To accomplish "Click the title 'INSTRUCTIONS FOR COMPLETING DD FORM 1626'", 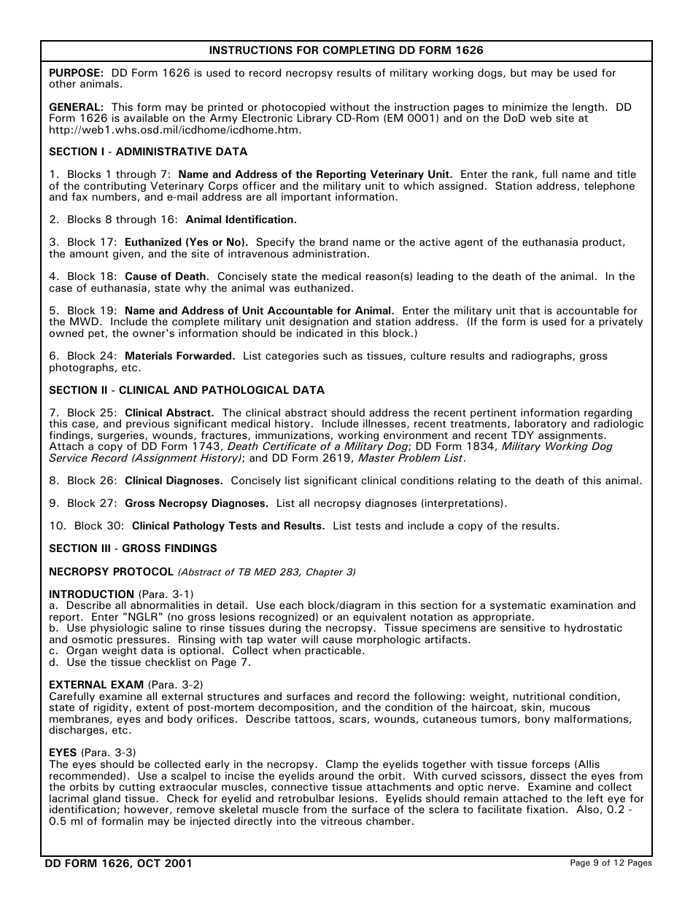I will click(x=346, y=50).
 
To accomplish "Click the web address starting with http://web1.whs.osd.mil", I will click(x=175, y=130).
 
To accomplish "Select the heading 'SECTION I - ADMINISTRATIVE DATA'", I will click(x=148, y=152).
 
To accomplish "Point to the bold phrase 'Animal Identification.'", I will click(x=241, y=220).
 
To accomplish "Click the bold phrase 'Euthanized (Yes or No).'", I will click(x=187, y=242).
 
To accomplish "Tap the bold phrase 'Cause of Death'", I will click(x=166, y=276).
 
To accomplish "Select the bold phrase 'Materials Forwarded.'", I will click(x=180, y=356).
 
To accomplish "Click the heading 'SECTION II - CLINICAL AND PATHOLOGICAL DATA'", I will click(x=187, y=390).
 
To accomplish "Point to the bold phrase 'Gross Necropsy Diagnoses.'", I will click(x=197, y=503).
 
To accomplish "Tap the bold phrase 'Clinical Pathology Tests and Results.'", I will click(x=228, y=526).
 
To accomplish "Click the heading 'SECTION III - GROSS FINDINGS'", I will click(x=133, y=548).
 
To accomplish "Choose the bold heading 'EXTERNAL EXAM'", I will click(x=96, y=685).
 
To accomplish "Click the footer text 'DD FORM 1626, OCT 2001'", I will click(x=119, y=863).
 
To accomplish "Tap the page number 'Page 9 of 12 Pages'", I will click(x=611, y=863).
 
